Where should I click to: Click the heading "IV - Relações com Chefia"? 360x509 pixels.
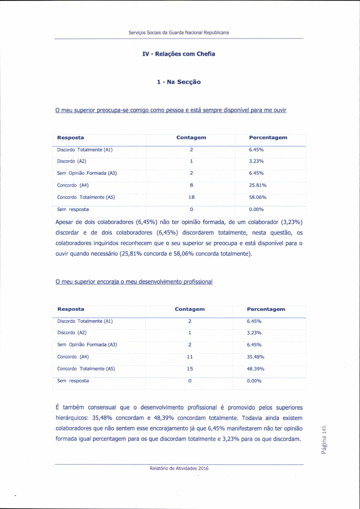179,54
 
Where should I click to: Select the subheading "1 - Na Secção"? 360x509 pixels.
179,82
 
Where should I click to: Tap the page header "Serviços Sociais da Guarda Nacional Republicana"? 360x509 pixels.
179,32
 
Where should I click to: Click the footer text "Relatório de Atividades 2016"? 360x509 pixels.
179,468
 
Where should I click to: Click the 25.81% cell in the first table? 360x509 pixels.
258,185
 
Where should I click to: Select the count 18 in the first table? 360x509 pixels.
191,197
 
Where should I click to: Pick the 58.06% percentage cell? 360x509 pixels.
258,197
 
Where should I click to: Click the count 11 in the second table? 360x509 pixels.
190,357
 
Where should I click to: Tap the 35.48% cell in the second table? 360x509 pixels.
255,357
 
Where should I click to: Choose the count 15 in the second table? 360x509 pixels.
190,369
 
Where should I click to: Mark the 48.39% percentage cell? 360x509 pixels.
255,369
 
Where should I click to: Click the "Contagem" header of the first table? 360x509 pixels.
191,138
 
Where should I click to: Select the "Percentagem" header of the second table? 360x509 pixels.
266,309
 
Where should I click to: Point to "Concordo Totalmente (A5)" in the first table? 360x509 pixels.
86,197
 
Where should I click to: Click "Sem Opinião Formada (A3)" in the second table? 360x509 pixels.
87,345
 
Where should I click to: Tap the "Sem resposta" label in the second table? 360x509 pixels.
73,381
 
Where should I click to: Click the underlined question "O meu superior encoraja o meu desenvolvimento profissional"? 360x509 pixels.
134,282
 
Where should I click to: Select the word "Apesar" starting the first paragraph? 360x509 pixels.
64,222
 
